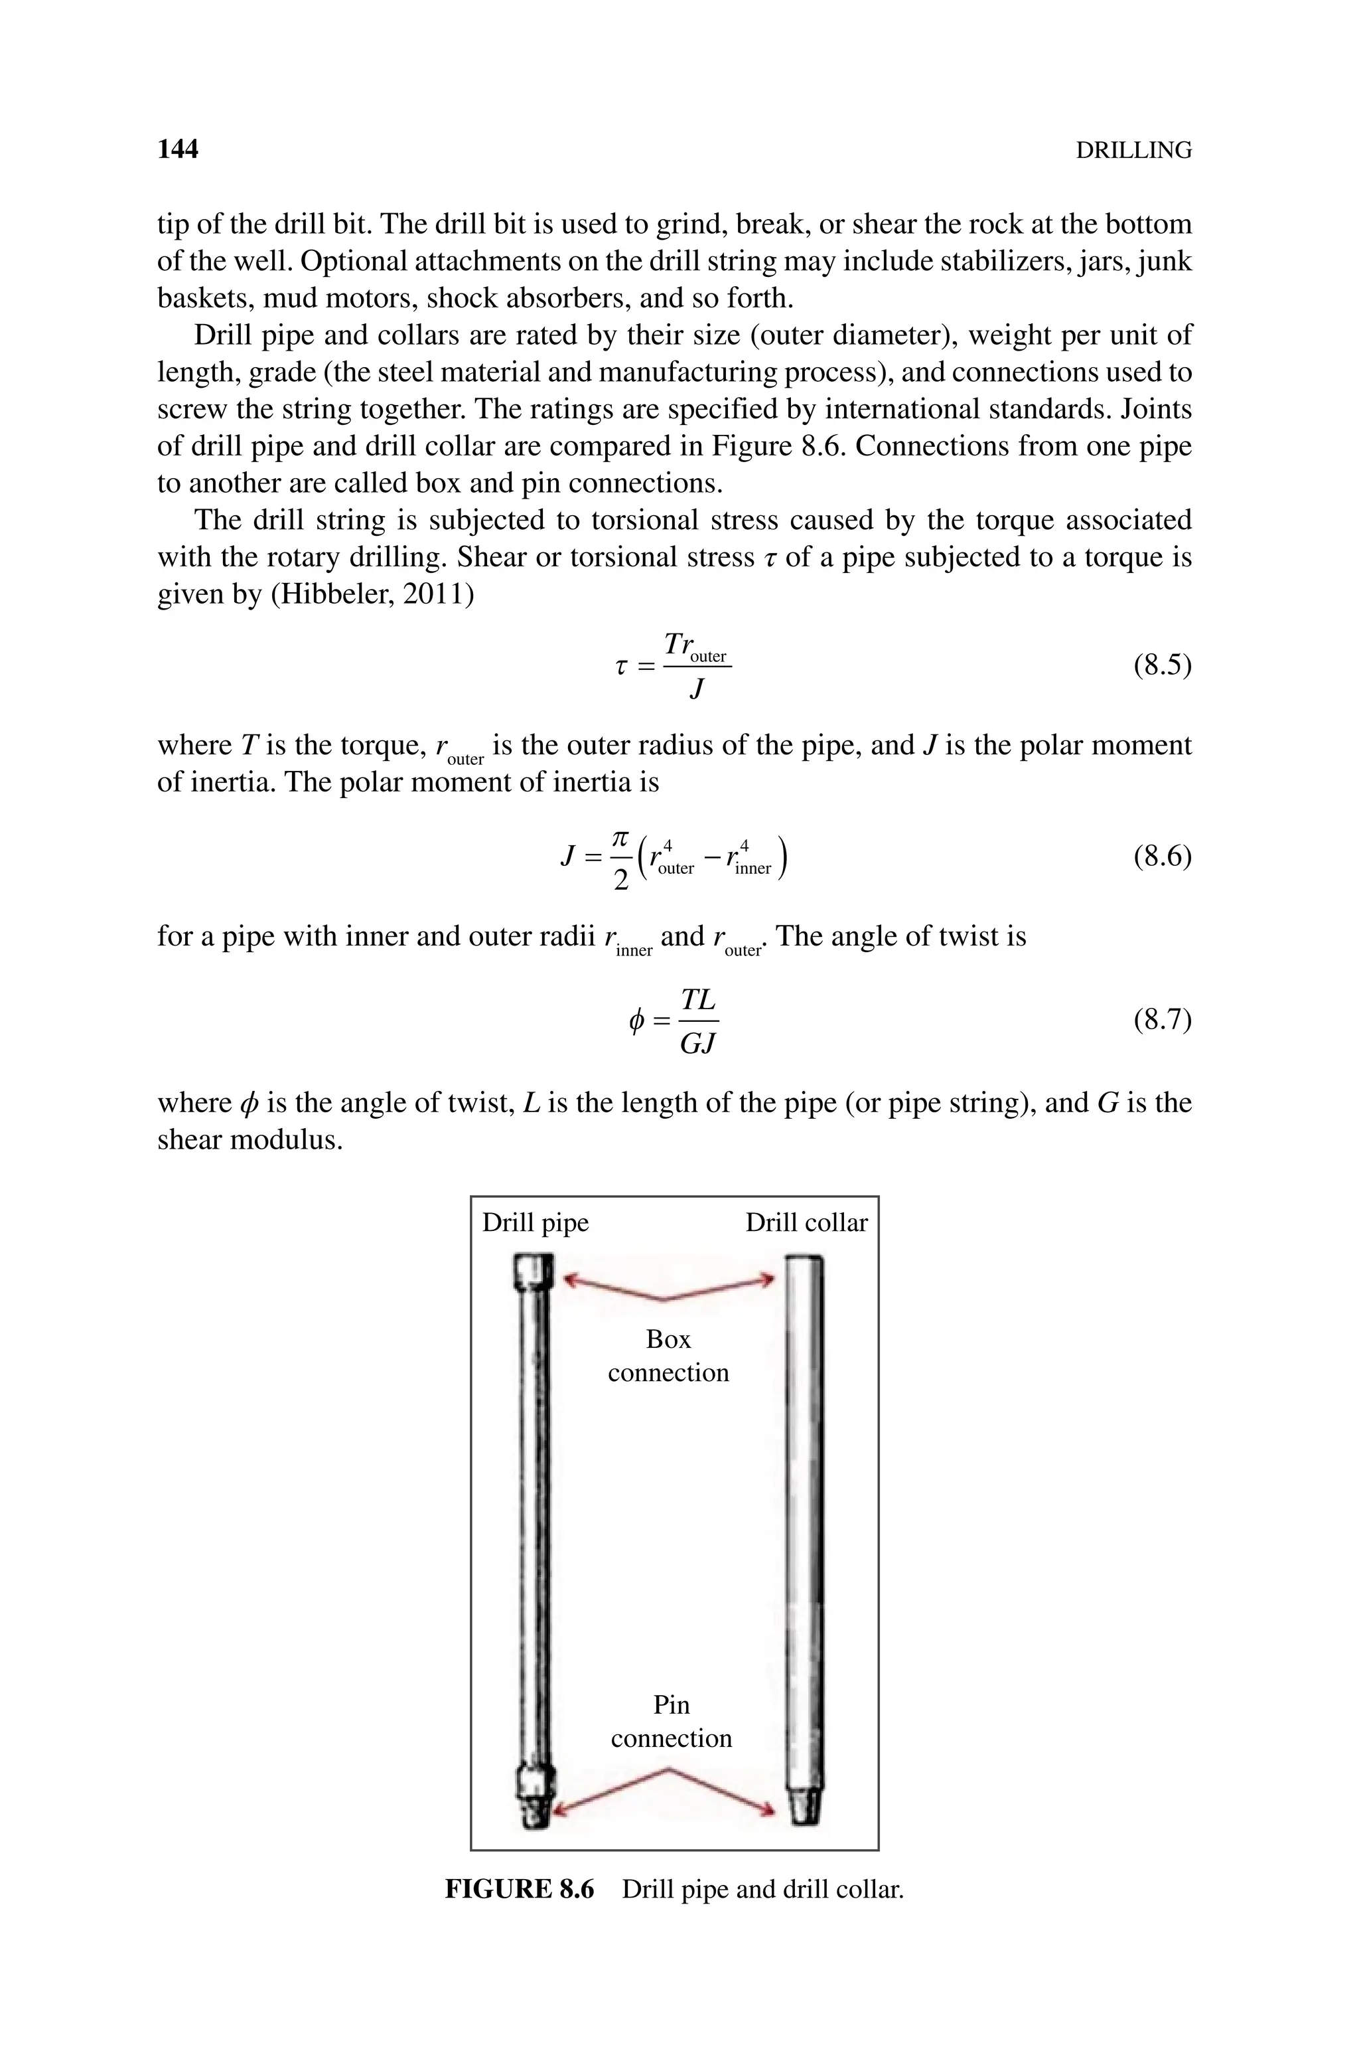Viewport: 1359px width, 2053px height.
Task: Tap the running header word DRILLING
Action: [1133, 151]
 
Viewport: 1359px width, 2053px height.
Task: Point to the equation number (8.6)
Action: [1161, 857]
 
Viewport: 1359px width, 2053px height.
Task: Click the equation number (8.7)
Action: [1161, 1020]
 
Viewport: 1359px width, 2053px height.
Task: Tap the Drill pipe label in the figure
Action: [535, 1222]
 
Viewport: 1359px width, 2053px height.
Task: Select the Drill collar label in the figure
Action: [806, 1222]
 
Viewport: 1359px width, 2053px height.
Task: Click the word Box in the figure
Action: [668, 1339]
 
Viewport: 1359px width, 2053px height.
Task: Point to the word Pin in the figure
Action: [671, 1704]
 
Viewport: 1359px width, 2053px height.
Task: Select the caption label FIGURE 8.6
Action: [519, 1889]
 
